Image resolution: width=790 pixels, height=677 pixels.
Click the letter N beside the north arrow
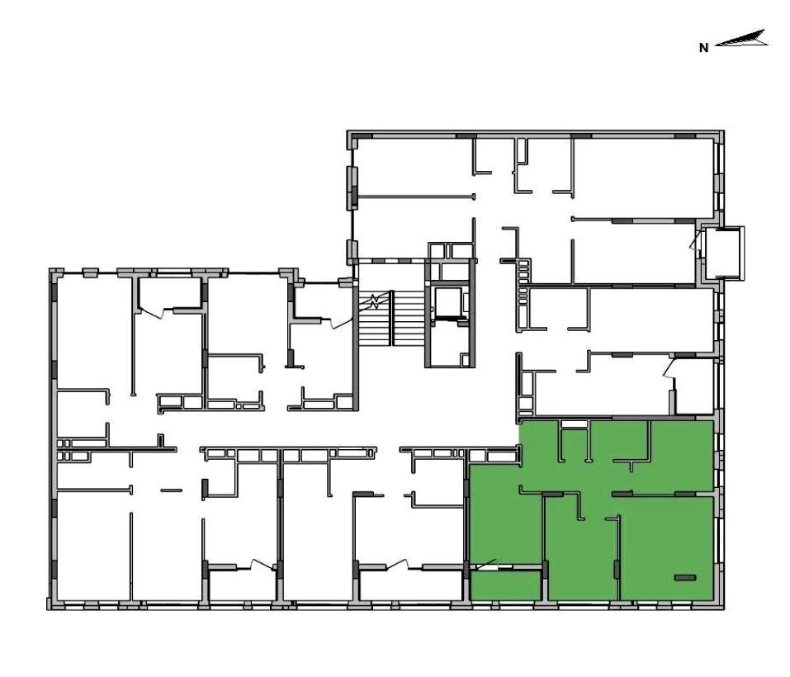pos(704,49)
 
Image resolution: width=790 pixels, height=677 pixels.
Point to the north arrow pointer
pos(741,39)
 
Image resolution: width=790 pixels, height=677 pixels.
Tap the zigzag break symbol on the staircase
pos(374,301)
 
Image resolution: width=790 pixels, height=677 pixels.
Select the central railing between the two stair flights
pos(391,318)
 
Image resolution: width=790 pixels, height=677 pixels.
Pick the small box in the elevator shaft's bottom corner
pos(465,359)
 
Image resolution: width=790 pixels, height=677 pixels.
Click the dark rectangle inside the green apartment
pos(684,577)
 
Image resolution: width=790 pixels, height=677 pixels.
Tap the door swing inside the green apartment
pos(485,566)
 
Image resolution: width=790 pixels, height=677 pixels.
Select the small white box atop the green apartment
pos(575,424)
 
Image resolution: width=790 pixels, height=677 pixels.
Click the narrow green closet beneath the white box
pos(575,445)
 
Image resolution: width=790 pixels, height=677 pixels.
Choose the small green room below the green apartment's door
pos(505,585)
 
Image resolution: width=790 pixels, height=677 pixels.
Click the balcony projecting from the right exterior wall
pos(724,253)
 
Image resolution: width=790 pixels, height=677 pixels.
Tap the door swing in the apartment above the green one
pos(669,368)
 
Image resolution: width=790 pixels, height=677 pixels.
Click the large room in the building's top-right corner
pos(643,179)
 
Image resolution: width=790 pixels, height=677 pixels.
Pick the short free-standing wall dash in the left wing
pos(172,490)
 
